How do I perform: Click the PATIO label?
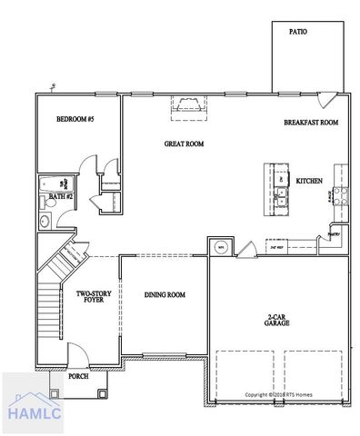[297, 31]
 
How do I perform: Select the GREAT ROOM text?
[183, 143]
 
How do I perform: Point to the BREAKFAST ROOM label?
[310, 122]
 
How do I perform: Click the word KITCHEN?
[309, 181]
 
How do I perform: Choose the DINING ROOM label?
[165, 294]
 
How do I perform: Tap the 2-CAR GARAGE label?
[277, 319]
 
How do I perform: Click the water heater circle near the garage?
[219, 246]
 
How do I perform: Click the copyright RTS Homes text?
[277, 395]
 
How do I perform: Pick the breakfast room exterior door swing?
[338, 97]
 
